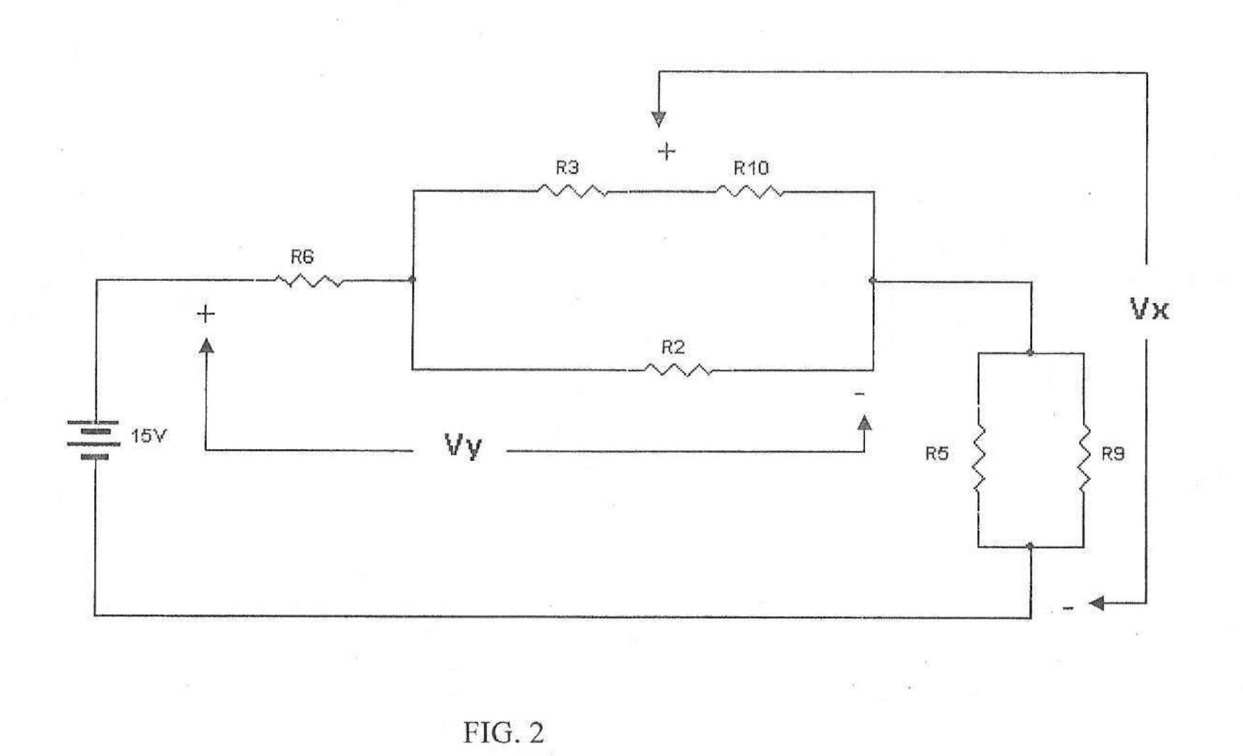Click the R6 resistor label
point(302,257)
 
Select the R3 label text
point(567,168)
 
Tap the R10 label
point(750,168)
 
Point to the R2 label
point(673,348)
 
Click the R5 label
point(936,454)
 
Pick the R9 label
point(1113,454)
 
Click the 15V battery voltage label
point(148,436)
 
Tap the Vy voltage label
point(464,446)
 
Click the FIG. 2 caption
point(503,733)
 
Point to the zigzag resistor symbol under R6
point(309,282)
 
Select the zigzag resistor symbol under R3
point(572,191)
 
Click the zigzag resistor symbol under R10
point(750,191)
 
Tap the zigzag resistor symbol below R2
point(678,370)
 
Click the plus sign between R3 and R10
point(666,151)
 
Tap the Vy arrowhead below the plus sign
point(206,345)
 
